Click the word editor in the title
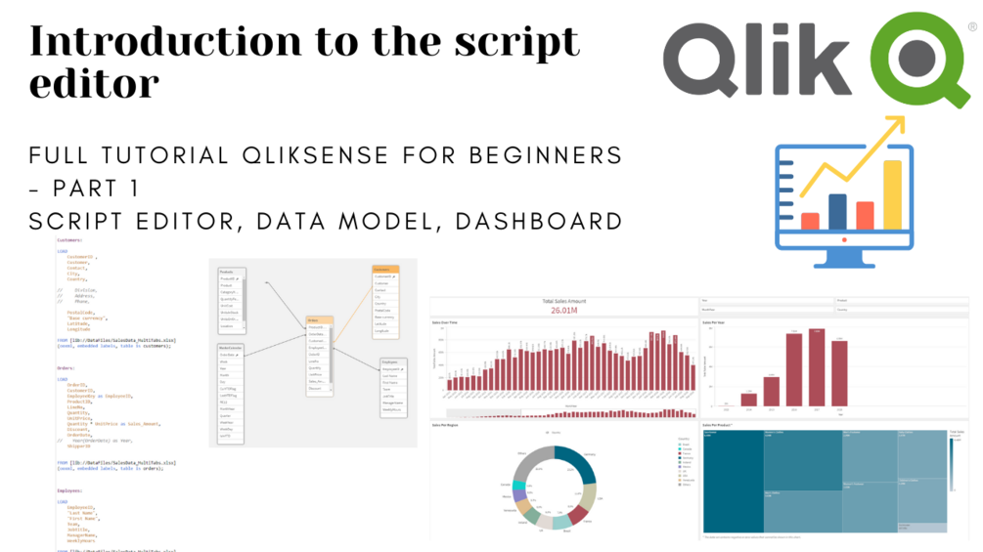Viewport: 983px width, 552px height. point(94,84)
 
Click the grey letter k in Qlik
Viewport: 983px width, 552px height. point(832,59)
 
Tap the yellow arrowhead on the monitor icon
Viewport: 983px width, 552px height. point(892,126)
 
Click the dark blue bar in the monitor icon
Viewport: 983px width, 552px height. point(837,210)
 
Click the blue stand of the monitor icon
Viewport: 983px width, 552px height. point(844,257)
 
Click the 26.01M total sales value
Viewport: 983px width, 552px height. point(562,311)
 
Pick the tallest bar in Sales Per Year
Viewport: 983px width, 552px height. point(817,366)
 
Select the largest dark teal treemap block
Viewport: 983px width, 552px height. point(733,480)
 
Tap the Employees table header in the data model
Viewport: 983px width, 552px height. point(393,361)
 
